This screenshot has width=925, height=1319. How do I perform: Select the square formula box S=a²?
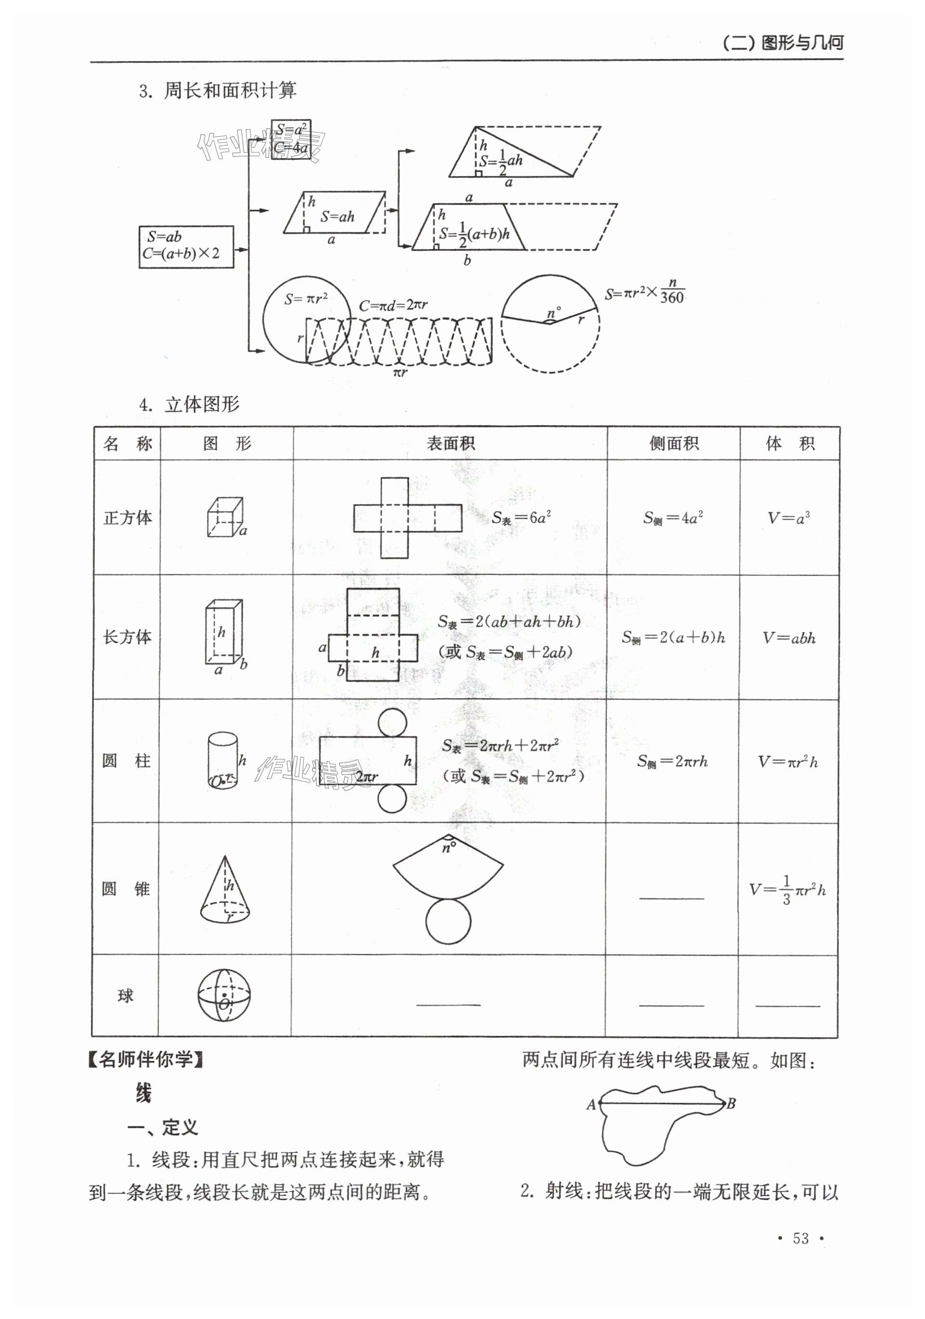click(x=291, y=139)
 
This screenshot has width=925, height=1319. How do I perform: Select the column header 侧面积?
click(x=673, y=444)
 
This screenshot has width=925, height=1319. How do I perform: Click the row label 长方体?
click(x=127, y=637)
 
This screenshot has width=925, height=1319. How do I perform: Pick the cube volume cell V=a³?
click(x=788, y=518)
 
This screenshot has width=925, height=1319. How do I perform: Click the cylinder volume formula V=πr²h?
click(x=788, y=762)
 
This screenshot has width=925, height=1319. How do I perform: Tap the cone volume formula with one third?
click(x=787, y=890)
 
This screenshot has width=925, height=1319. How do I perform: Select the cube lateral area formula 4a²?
click(x=673, y=518)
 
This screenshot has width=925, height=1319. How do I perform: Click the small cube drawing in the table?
click(x=225, y=517)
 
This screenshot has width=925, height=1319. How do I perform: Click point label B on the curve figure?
click(x=731, y=1104)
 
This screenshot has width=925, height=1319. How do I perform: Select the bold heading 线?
click(x=143, y=1093)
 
